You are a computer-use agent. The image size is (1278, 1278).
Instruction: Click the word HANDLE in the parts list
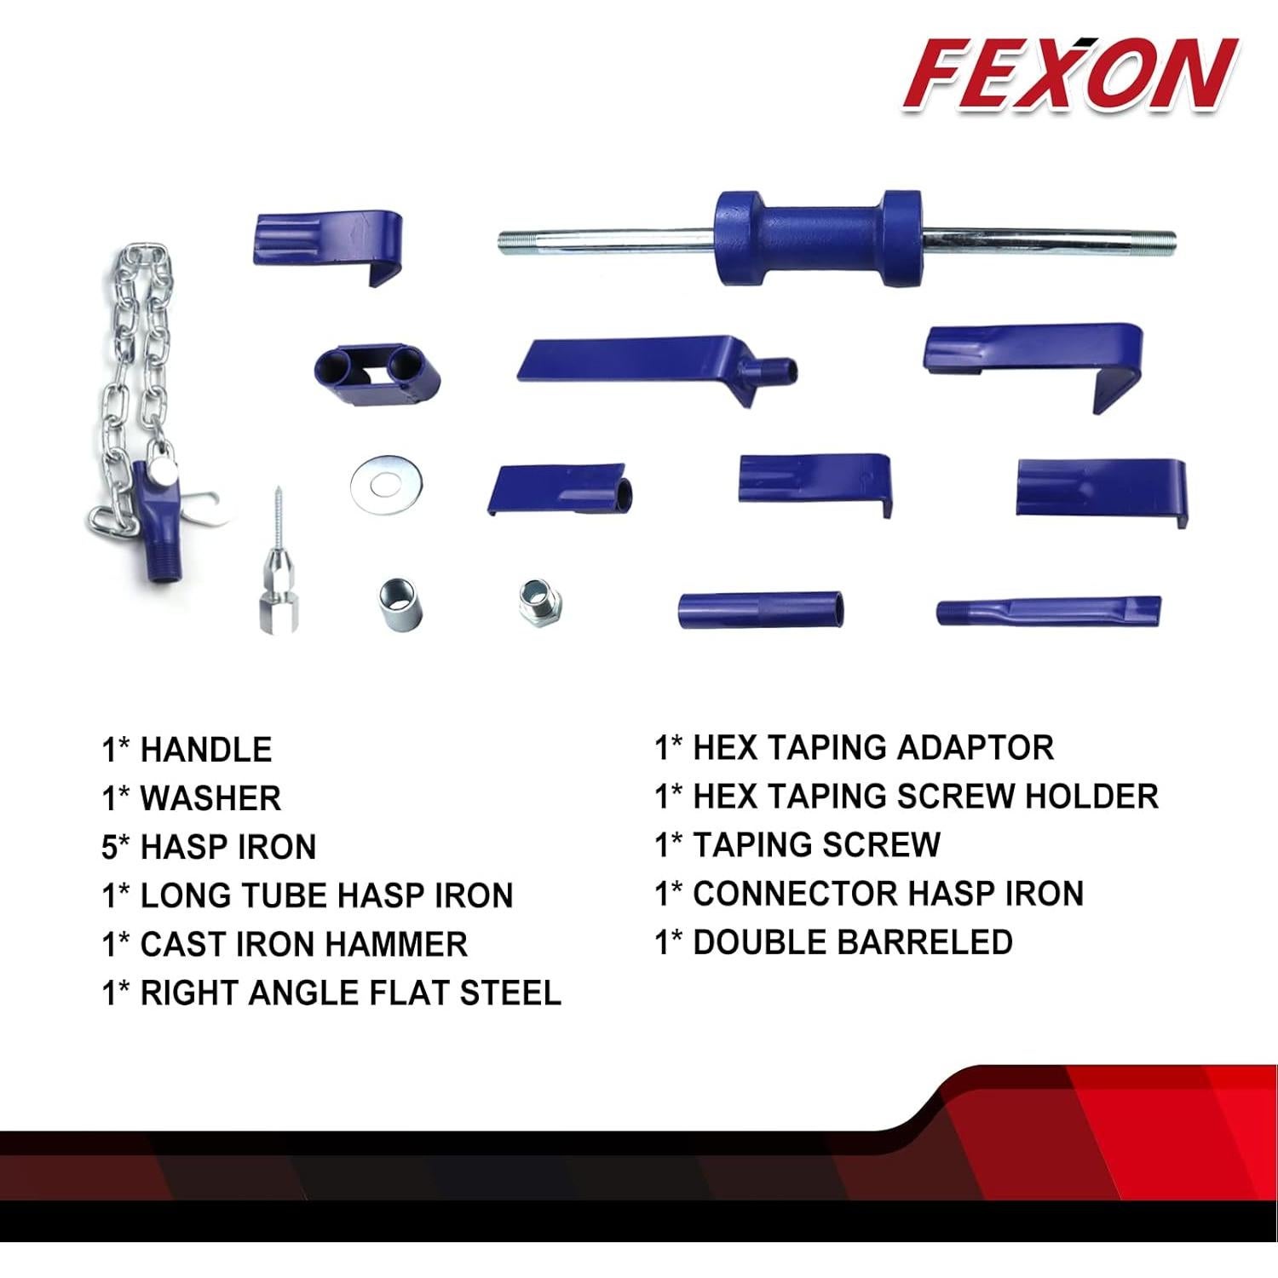coord(205,750)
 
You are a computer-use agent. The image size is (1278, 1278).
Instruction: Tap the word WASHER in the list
coord(210,798)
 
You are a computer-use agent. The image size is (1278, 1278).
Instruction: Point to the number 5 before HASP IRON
coord(109,847)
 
